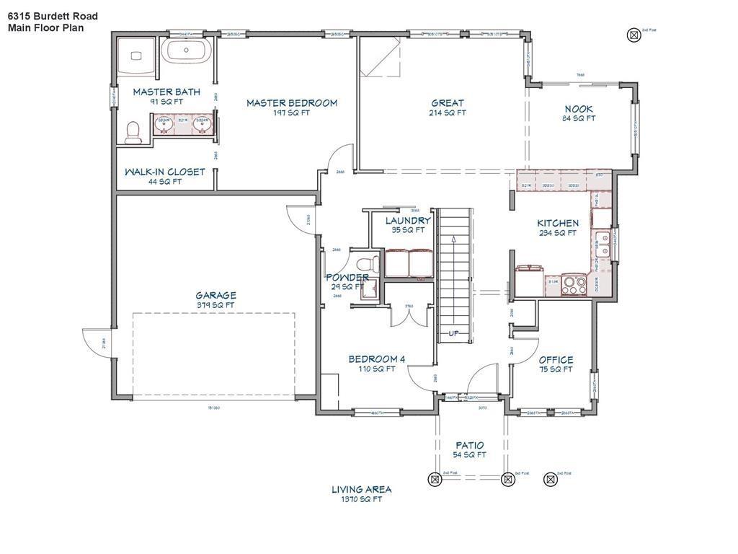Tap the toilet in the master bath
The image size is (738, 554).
pos(133,132)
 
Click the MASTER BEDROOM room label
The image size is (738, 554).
pos(291,103)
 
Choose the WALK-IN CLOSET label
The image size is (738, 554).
pos(164,172)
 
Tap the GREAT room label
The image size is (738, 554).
pos(447,103)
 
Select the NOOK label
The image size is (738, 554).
pos(579,109)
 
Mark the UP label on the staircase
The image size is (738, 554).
pos(454,333)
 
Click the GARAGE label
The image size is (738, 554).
pos(215,295)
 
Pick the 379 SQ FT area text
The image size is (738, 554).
pos(215,305)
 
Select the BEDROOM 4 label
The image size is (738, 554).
pos(377,359)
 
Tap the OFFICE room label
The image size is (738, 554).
pos(556,360)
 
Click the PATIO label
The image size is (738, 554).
pos(469,445)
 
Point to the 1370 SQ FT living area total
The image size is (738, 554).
pos(362,499)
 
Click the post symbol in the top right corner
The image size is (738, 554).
pos(633,34)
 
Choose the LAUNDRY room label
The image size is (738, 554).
pos(408,221)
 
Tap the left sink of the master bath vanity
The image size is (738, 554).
pos(165,123)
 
